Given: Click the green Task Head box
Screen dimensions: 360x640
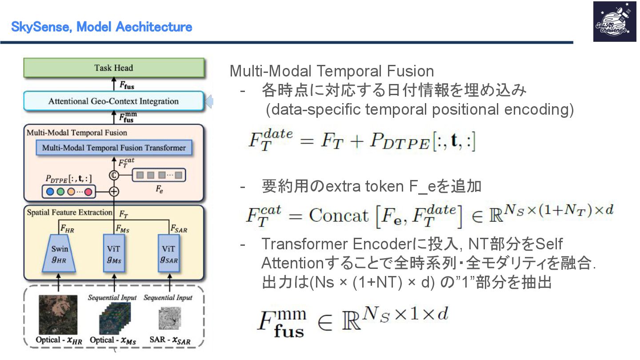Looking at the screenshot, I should [114, 68].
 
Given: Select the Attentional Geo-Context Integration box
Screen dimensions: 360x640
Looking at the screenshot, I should [114, 101].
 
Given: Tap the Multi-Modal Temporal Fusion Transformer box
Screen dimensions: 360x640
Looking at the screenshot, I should [114, 148].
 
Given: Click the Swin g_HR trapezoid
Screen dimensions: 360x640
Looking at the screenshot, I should [59, 253].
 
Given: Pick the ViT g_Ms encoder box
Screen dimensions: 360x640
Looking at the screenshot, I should [114, 253].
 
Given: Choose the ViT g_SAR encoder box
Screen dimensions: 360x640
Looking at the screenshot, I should [169, 253].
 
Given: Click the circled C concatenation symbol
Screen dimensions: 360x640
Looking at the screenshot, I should [114, 175].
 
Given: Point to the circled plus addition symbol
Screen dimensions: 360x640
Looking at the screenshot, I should [114, 192].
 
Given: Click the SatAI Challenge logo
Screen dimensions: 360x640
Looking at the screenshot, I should [614, 22].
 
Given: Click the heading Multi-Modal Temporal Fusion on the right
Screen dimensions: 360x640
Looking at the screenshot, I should [332, 72].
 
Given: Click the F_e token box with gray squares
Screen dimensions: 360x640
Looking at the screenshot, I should [159, 175].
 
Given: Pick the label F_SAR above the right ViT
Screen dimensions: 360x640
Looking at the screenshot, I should [179, 229].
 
